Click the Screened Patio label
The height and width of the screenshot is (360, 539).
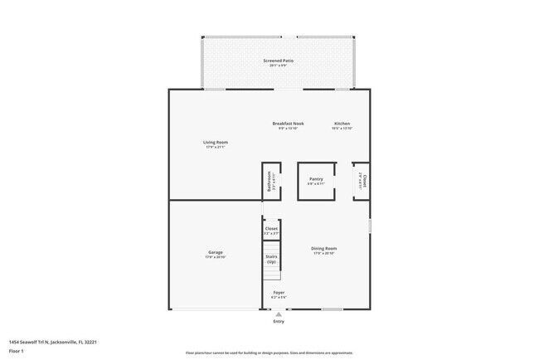click(278, 61)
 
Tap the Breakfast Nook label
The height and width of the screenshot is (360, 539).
click(288, 124)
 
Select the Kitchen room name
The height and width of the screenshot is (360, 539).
click(342, 124)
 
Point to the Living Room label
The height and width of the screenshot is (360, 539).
click(216, 142)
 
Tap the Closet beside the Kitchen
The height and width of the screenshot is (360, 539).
click(362, 181)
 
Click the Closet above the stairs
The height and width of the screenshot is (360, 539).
click(271, 229)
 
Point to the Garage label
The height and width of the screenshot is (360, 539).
click(215, 252)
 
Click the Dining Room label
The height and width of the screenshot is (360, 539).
click(323, 248)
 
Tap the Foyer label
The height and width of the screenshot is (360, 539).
click(279, 292)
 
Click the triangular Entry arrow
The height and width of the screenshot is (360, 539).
click(279, 314)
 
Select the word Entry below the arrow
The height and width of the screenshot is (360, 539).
click(279, 322)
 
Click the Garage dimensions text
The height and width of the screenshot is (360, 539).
click(215, 257)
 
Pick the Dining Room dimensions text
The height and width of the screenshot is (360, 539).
click(323, 253)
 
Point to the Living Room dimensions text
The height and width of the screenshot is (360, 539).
click(216, 147)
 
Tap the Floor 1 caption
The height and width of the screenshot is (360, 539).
click(17, 351)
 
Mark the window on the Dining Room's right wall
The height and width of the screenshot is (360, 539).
click(370, 226)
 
